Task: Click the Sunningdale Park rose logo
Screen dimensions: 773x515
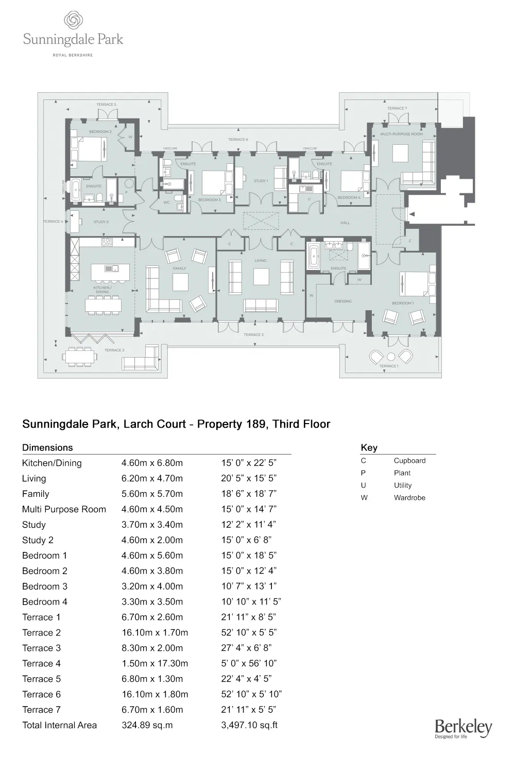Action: (73, 21)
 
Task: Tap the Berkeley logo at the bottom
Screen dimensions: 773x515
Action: (463, 728)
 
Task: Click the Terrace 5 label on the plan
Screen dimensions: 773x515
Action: (106, 105)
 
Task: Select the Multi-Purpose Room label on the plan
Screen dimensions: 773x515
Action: (401, 134)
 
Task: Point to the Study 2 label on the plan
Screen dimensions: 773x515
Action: (101, 222)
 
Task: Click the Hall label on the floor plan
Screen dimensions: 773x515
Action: (345, 223)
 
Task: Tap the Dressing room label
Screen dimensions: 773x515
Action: (343, 301)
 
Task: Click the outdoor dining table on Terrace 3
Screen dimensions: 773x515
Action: (80, 356)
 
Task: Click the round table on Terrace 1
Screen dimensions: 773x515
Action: (391, 356)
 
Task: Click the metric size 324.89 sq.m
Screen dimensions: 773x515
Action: (147, 725)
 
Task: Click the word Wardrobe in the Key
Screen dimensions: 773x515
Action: (409, 498)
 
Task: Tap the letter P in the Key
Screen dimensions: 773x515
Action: (363, 473)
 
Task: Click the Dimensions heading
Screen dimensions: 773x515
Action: (47, 448)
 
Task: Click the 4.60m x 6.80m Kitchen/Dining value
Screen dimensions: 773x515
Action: (152, 463)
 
